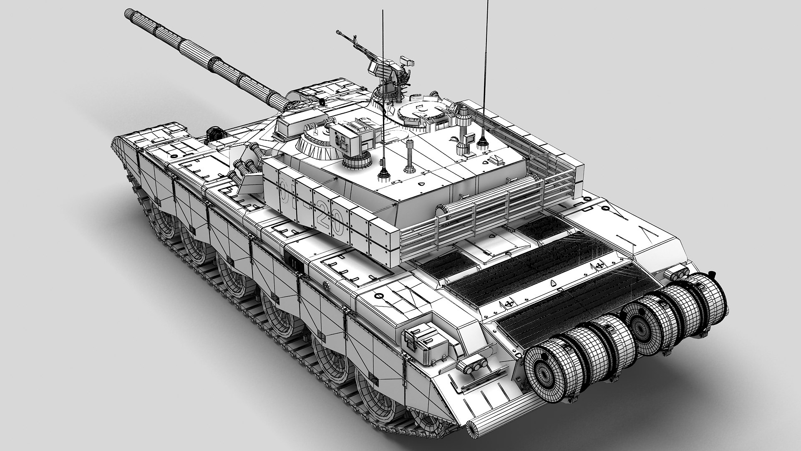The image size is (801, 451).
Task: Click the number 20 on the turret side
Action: pyautogui.click(x=334, y=222)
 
